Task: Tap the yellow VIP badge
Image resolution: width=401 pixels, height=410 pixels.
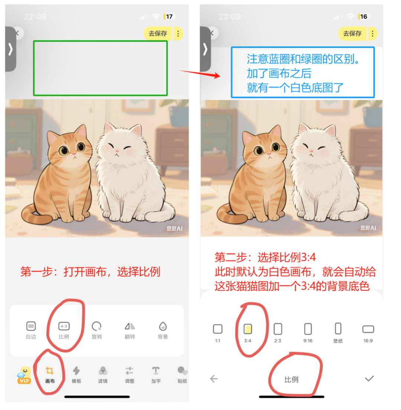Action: [24, 375]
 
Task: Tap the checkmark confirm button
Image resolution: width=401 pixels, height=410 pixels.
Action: [369, 378]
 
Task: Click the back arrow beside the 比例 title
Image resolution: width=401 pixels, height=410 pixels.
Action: [214, 379]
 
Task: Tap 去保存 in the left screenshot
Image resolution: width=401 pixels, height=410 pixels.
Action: [158, 33]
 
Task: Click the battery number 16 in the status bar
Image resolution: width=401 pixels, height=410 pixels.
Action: [363, 17]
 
